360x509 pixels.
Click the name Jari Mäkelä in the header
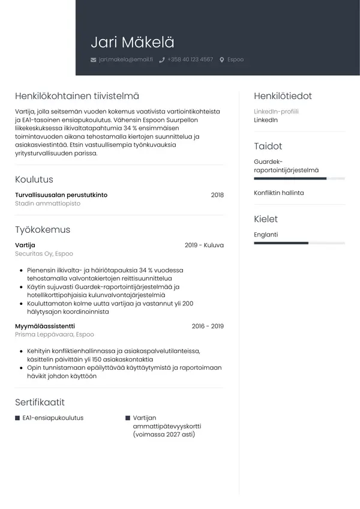[x=133, y=42]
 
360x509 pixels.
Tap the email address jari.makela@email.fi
[x=126, y=59]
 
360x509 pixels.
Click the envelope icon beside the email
[x=93, y=60]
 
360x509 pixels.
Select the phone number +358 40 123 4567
[x=190, y=59]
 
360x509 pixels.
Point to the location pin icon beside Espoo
[x=222, y=60]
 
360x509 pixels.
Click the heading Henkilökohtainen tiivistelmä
[x=77, y=96]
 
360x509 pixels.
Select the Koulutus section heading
[x=34, y=179]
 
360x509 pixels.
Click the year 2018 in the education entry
[x=217, y=195]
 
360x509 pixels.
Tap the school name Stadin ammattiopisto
[x=47, y=203]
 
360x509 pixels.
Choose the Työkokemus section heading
[x=43, y=230]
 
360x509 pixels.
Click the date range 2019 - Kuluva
[x=204, y=245]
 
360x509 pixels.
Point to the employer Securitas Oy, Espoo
[x=44, y=254]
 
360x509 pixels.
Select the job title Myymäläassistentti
[x=44, y=326]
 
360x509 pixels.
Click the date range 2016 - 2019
[x=208, y=326]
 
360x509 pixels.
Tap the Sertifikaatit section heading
[x=40, y=402]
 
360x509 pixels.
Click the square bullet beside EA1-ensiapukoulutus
[x=17, y=418]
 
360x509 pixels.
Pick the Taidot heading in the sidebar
[x=268, y=146]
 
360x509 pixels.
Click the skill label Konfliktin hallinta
[x=279, y=193]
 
